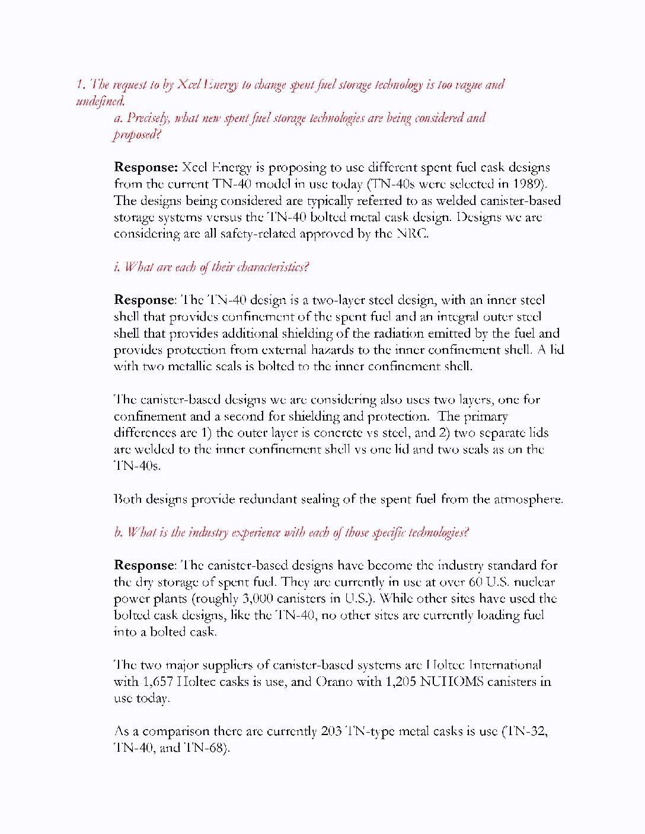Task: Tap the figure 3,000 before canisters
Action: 258,599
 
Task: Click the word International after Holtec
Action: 505,665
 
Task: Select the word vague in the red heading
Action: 468,85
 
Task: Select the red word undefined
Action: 100,101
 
